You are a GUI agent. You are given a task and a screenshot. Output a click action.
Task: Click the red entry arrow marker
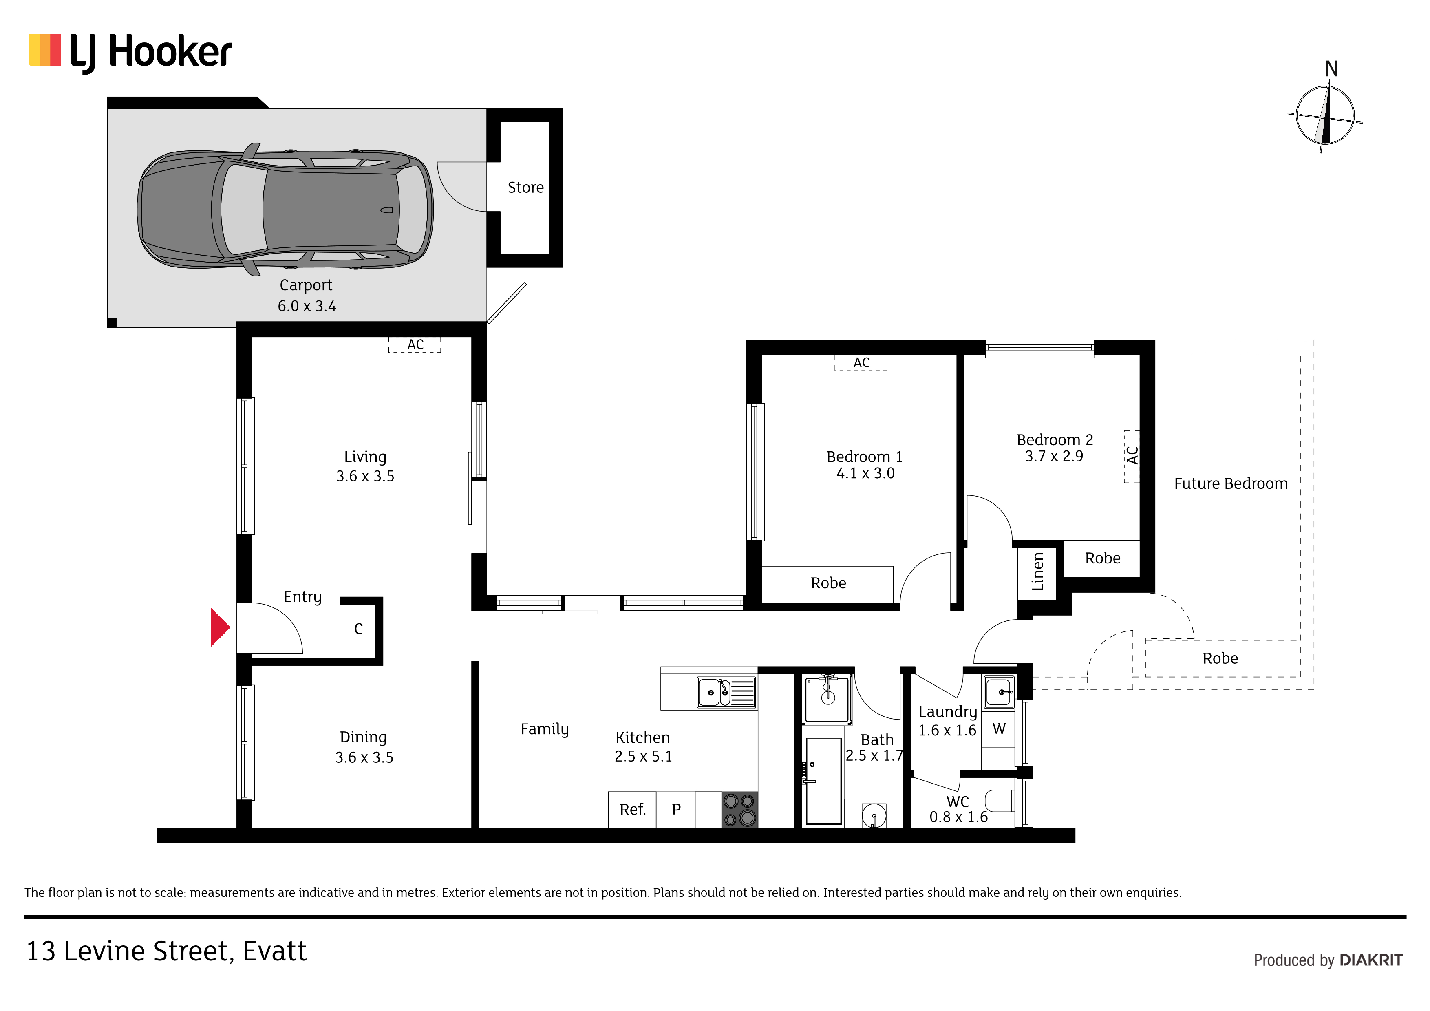click(x=220, y=627)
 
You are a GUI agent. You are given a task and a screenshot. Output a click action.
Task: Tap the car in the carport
click(x=285, y=209)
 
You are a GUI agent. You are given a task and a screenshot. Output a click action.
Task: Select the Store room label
click(x=526, y=188)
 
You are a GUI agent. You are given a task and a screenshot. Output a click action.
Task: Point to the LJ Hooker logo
click(x=131, y=52)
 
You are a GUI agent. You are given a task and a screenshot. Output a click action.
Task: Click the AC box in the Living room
click(x=415, y=344)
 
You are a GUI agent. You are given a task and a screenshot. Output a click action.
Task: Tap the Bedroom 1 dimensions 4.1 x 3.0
click(x=865, y=473)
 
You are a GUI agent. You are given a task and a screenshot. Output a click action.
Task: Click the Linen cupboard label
click(x=1037, y=572)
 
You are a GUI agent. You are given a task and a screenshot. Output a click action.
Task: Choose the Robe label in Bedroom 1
click(x=828, y=583)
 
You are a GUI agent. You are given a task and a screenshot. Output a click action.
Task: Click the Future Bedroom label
click(x=1231, y=483)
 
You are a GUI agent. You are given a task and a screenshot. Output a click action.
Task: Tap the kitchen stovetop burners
click(x=739, y=809)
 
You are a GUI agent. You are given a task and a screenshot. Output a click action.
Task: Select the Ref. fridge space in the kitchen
click(x=632, y=809)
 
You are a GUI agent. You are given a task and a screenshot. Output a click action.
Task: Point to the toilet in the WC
click(x=1000, y=801)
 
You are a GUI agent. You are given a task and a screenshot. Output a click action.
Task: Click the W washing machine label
click(x=999, y=728)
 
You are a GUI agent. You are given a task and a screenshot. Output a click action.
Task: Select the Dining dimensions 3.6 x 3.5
click(x=364, y=757)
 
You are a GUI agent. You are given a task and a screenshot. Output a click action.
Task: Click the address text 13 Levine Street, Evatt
click(x=166, y=951)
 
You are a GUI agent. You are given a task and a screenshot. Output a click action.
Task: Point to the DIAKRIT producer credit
click(x=1371, y=960)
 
